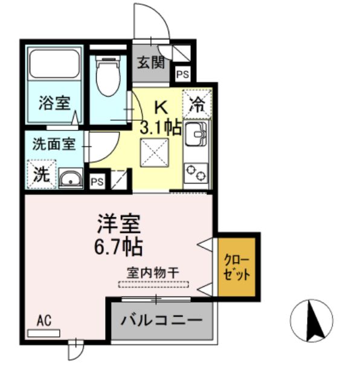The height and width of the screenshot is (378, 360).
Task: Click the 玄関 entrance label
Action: [x=150, y=62]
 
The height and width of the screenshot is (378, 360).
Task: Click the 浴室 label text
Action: [x=54, y=103]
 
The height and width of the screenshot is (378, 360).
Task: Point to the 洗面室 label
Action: [x=53, y=145]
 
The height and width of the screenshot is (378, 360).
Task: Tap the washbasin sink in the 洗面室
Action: [x=72, y=179]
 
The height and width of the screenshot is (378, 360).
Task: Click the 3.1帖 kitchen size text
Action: [x=161, y=128]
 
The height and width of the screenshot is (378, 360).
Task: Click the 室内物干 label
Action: [x=153, y=274]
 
